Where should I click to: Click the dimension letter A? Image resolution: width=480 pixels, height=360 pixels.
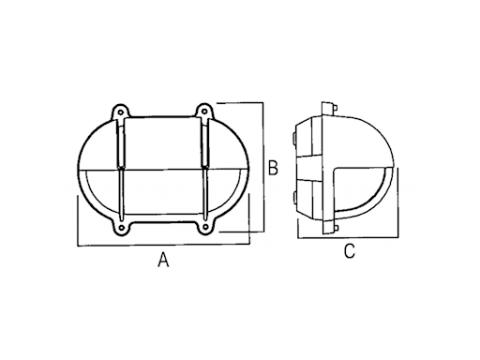click(163, 260)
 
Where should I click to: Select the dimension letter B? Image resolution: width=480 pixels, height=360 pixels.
click(273, 168)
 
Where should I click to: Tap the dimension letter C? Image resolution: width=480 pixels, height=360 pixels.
click(350, 251)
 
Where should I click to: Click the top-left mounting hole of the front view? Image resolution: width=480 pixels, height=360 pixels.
click(120, 111)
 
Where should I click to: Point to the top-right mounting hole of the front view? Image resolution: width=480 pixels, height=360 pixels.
click(204, 112)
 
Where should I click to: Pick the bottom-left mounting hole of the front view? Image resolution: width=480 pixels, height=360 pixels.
click(121, 227)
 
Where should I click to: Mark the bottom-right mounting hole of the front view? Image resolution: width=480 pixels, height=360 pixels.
click(205, 227)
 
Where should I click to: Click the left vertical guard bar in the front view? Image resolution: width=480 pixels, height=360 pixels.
click(121, 169)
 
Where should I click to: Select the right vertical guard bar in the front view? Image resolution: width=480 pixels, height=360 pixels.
click(205, 169)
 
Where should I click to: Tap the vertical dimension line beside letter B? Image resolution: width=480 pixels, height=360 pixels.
click(264, 167)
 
